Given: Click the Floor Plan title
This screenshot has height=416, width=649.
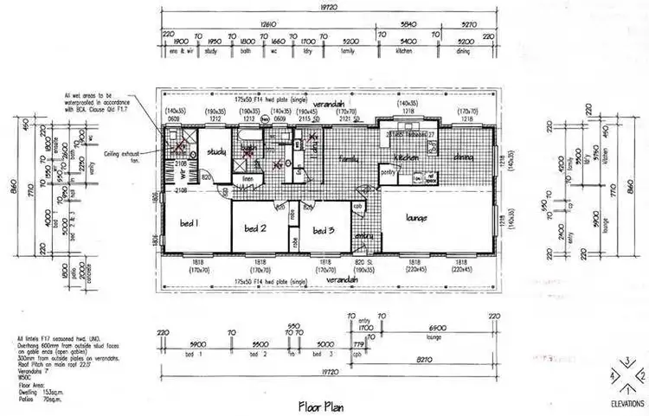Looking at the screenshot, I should coord(323,404).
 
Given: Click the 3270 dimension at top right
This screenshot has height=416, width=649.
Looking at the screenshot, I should coord(468,23).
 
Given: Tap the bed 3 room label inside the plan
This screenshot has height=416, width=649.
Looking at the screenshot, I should coord(324,230).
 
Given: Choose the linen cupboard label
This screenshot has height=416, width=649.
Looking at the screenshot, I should coord(247,179).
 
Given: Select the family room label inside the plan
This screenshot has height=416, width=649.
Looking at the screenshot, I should coord(348,160).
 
